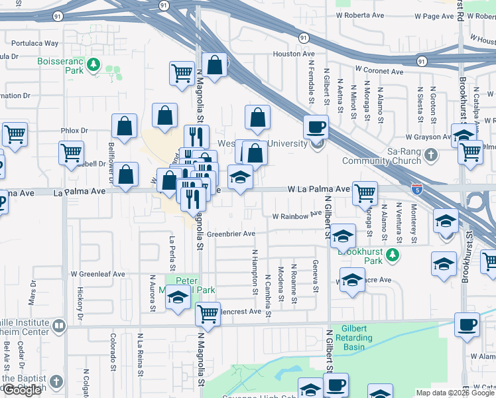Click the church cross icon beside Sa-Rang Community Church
pyautogui.click(x=432, y=156)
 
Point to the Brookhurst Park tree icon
pyautogui.click(x=393, y=254)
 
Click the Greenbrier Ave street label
pyautogui.click(x=231, y=234)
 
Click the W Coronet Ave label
pyautogui.click(x=379, y=70)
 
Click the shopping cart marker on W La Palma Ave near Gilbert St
pyautogui.click(x=365, y=193)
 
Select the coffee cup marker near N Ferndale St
pyautogui.click(x=316, y=126)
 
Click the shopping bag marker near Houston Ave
pyautogui.click(x=214, y=65)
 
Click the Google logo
pyautogui.click(x=22, y=390)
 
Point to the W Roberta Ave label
pyautogui.click(x=360, y=15)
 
